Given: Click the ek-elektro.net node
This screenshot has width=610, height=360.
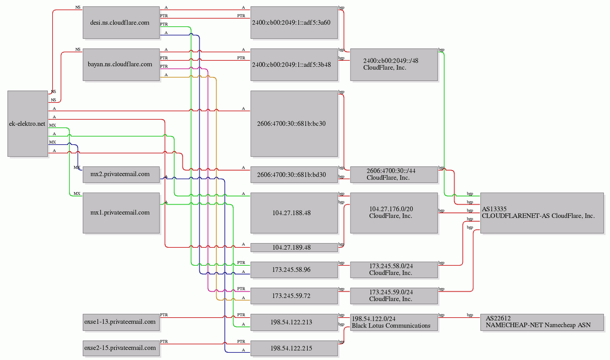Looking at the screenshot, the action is (x=28, y=124).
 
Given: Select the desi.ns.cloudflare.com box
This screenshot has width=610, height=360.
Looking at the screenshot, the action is (x=121, y=22).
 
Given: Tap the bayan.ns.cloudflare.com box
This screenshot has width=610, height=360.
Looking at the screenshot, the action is (x=121, y=65).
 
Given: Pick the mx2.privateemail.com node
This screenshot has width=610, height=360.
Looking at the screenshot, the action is (x=121, y=174).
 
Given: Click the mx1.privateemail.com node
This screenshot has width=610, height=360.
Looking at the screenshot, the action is (x=121, y=213).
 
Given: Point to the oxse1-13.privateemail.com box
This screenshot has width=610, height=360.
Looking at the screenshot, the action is (x=121, y=322).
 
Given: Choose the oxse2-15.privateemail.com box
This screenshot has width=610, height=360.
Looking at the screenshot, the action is (x=121, y=348).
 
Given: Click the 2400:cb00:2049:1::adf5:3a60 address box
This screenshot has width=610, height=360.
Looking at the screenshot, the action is (x=294, y=22).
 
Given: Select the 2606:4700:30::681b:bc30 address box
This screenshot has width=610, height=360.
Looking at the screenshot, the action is (x=294, y=124).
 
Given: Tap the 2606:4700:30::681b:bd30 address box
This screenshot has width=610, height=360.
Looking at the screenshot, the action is (x=294, y=174).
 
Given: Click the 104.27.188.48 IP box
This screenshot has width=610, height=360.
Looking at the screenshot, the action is (x=294, y=213).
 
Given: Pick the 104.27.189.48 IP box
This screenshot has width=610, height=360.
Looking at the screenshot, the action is (x=294, y=248).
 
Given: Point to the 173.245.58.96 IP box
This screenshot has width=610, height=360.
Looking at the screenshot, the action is (x=294, y=270).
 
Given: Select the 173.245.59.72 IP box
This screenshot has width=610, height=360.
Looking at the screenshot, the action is (x=294, y=296).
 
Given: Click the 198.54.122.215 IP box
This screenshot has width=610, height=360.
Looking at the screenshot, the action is (x=294, y=348).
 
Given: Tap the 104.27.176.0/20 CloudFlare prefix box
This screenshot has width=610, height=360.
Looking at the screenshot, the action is (x=394, y=213).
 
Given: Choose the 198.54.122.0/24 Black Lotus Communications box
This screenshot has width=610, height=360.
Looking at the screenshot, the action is (x=394, y=322).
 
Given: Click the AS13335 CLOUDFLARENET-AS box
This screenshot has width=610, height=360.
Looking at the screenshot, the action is (x=542, y=213).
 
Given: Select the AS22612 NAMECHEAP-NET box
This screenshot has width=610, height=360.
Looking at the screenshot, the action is (x=542, y=322).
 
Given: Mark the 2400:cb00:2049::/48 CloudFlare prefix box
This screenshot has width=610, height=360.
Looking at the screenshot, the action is (x=394, y=65).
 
